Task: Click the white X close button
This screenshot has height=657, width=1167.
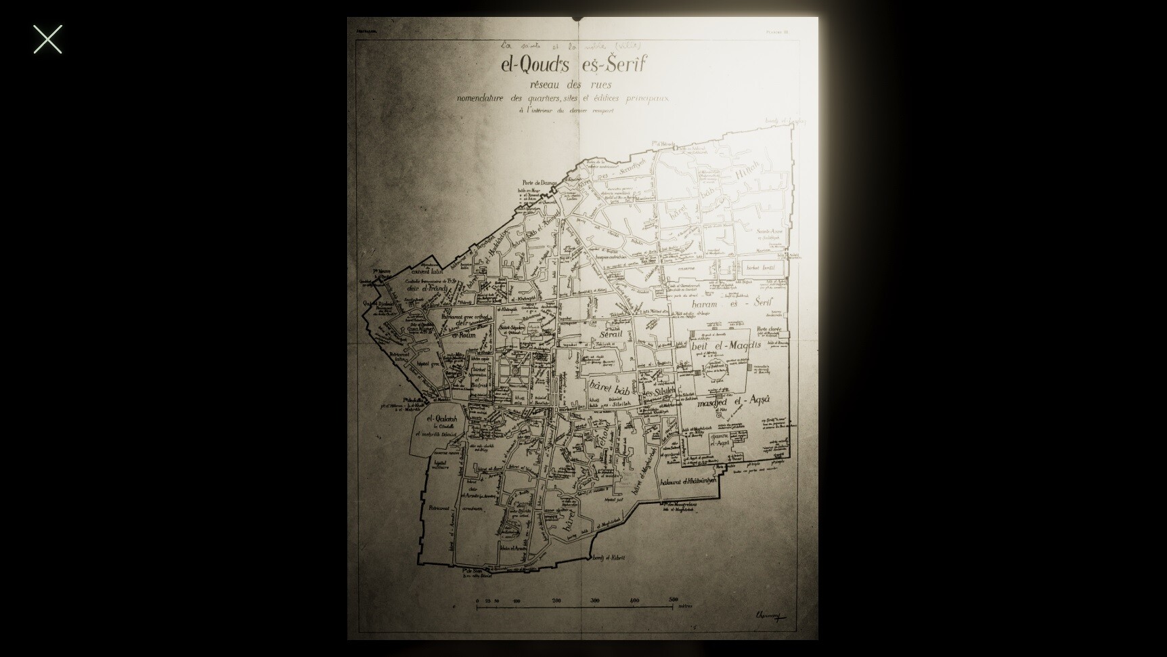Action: click(x=47, y=39)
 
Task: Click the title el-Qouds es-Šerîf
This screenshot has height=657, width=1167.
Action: click(x=573, y=65)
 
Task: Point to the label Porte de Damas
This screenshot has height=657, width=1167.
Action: click(x=539, y=183)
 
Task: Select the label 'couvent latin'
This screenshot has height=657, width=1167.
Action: click(x=426, y=271)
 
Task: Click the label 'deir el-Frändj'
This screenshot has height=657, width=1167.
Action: click(x=426, y=288)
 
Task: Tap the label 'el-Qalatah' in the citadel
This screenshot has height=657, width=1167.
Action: click(x=442, y=419)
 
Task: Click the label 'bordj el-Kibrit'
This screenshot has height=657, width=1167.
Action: click(x=609, y=558)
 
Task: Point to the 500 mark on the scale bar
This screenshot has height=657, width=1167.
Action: click(x=673, y=599)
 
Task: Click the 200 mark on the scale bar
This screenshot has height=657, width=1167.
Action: click(x=556, y=600)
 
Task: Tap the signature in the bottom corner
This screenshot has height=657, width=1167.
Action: click(x=768, y=615)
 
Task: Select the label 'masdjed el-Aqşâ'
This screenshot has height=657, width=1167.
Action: click(x=733, y=401)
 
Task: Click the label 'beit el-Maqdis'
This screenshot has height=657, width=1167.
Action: click(x=726, y=346)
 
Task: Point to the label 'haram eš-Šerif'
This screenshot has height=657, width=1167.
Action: click(x=732, y=303)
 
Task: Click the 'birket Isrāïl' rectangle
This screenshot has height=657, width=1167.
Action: click(x=762, y=268)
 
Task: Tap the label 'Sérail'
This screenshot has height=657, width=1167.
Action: click(x=611, y=334)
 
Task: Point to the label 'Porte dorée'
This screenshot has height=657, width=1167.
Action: click(x=770, y=329)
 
